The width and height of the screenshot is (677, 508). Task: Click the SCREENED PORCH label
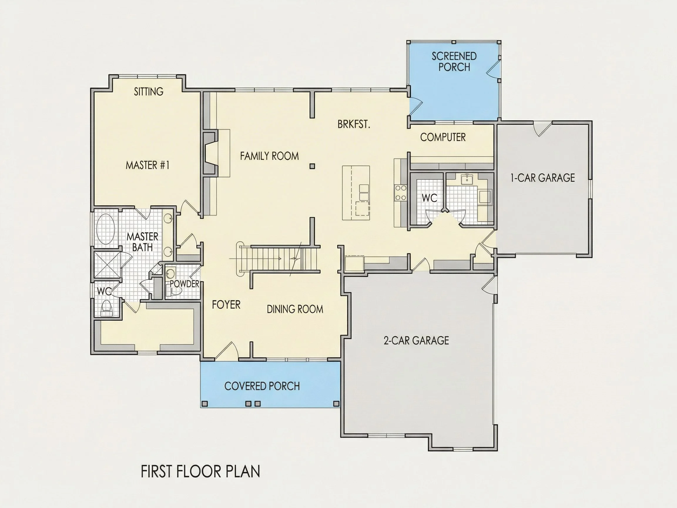click(454, 61)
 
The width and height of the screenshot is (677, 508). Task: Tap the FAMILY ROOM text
click(269, 156)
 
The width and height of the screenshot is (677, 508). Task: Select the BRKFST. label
click(354, 124)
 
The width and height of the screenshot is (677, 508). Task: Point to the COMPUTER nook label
click(443, 137)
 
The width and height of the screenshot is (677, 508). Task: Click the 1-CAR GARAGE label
click(542, 178)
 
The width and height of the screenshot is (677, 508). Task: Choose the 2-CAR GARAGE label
click(416, 340)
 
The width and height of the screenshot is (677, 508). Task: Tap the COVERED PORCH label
click(262, 386)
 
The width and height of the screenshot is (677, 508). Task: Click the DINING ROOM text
click(295, 309)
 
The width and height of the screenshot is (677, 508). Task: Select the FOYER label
click(226, 305)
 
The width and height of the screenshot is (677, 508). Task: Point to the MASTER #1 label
click(148, 165)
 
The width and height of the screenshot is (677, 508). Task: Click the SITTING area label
click(149, 91)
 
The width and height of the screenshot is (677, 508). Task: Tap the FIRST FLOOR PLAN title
click(200, 471)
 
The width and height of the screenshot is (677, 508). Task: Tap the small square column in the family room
click(312, 166)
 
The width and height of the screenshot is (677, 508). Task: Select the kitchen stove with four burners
click(401, 193)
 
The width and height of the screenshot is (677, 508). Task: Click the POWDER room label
click(185, 284)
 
